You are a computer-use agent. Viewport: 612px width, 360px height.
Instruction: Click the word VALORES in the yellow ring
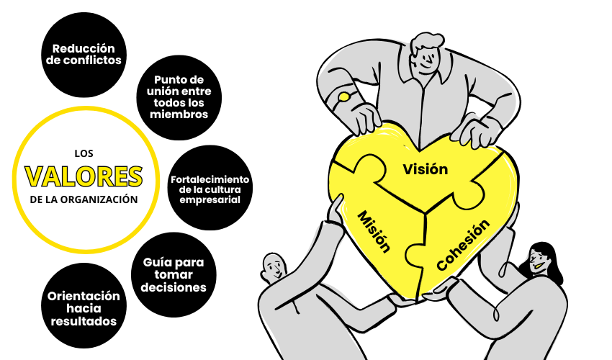(84, 176)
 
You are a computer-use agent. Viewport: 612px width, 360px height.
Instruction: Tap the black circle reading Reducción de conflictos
(84, 55)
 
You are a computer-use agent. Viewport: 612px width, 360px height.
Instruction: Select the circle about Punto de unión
(179, 97)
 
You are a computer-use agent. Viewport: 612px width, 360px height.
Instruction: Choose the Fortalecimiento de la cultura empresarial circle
(210, 188)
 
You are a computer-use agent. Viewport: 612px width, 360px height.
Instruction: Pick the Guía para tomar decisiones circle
(174, 275)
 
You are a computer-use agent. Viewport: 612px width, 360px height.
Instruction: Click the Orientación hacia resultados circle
(84, 306)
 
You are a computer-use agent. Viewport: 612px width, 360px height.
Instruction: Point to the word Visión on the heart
(425, 169)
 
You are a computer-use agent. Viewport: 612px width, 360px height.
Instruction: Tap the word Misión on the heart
(374, 232)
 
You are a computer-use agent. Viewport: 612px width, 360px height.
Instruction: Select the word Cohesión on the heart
(463, 245)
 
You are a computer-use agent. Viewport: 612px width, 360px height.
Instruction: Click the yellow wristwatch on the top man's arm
(344, 96)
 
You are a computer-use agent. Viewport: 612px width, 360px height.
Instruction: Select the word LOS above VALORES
(84, 153)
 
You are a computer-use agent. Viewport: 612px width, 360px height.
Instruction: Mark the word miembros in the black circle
(179, 114)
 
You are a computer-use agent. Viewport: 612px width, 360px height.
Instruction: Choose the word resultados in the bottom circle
(84, 321)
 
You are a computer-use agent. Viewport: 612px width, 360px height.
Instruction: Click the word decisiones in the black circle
(174, 288)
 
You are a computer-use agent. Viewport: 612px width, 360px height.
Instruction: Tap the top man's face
(427, 61)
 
